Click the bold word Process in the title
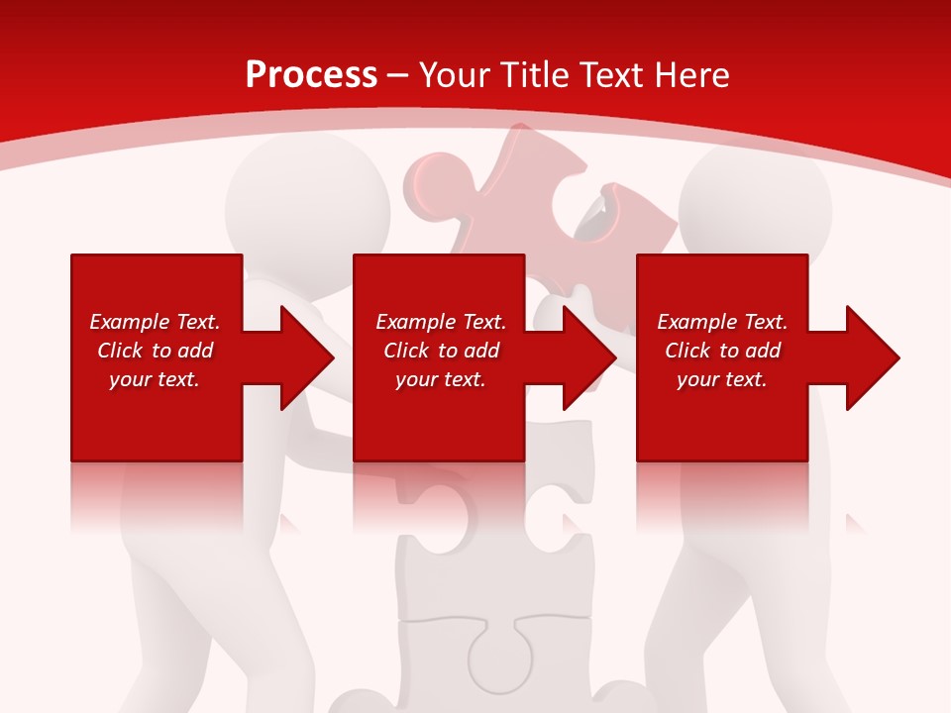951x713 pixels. tap(311, 74)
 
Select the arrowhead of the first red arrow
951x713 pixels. tap(305, 357)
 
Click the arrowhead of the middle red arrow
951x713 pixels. tap(588, 357)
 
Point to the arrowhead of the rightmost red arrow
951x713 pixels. tap(872, 357)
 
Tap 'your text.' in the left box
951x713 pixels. tap(155, 379)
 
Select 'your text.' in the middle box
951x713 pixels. tap(440, 379)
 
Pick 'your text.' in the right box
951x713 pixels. tap(722, 379)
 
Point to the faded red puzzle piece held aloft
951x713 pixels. tap(515, 193)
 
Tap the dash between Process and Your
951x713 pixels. tap(398, 75)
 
